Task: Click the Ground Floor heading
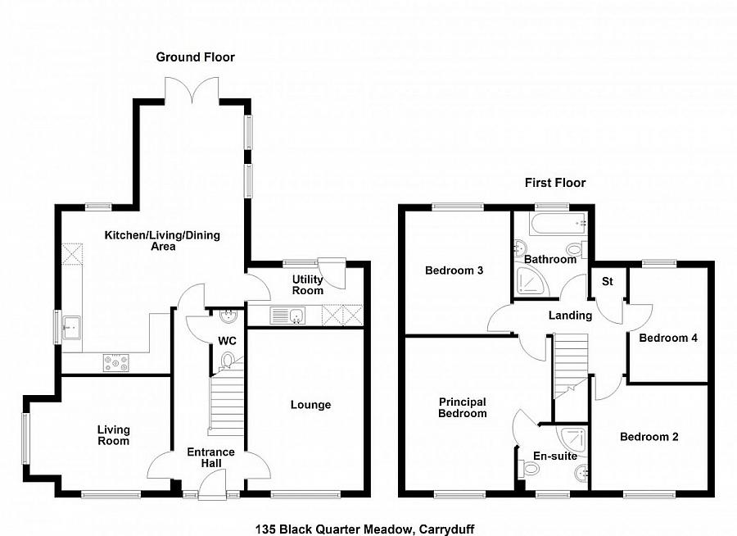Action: coord(196,57)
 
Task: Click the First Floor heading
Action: coord(555,183)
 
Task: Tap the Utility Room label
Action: coord(308,284)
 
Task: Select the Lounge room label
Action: coord(310,405)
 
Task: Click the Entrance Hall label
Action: coord(210,457)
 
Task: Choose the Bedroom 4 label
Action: coord(667,338)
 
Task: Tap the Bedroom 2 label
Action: coord(649,437)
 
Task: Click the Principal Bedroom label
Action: coord(463,407)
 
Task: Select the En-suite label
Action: coord(554,456)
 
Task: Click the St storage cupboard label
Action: coord(608,281)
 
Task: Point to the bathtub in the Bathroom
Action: coord(556,223)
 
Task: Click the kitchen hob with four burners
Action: coord(115,361)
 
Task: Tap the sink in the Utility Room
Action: coord(287,314)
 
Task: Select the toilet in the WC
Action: coord(228,358)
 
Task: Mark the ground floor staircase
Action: coord(227,402)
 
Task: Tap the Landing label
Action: coord(570,316)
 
